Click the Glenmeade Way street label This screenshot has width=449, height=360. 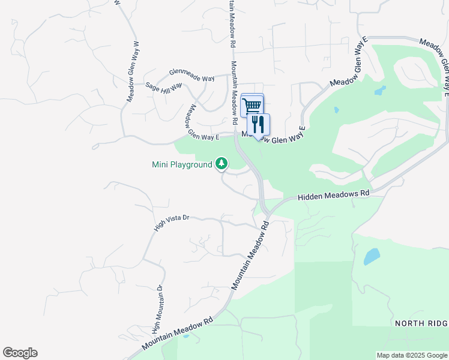tap(191, 74)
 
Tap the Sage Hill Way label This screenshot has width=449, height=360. tap(164, 88)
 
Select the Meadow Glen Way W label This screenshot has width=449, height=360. tap(132, 71)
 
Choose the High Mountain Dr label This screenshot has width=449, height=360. tap(158, 310)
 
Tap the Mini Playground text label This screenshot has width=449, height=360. tap(182, 164)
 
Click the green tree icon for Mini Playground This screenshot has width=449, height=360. tap(222, 163)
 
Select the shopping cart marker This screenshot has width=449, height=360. tap(252, 106)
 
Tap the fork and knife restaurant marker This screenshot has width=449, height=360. tap(259, 125)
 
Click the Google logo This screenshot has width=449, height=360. tap(20, 353)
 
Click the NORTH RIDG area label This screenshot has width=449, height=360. tap(421, 323)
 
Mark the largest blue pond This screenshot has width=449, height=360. tap(371, 257)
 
